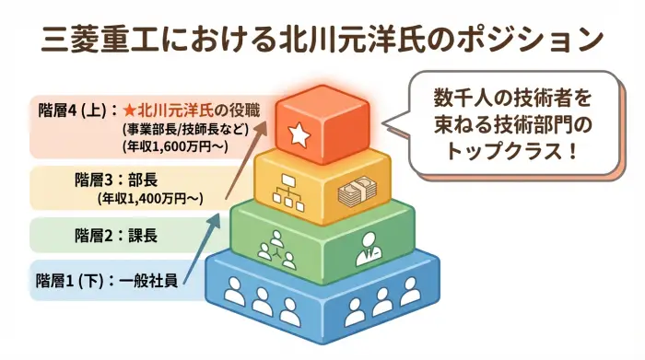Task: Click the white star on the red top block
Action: click(299, 134)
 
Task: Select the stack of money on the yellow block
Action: click(358, 194)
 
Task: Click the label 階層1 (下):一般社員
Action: click(107, 279)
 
